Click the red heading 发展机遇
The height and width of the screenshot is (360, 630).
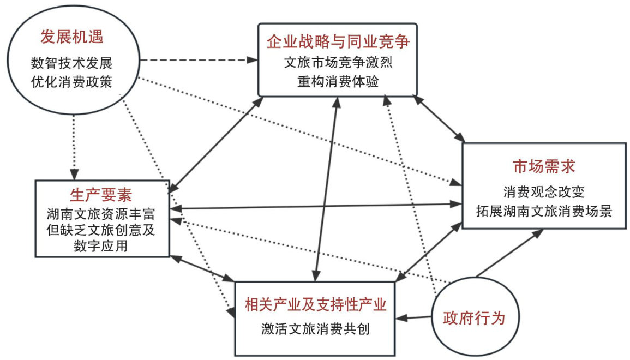pyautogui.click(x=72, y=38)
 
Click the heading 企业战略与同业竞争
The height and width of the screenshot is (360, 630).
pyautogui.click(x=338, y=41)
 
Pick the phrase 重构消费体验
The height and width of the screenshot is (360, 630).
pyautogui.click(x=338, y=80)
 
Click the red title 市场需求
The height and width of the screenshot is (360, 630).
pyautogui.click(x=544, y=166)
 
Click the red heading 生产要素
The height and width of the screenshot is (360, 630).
pyautogui.click(x=101, y=194)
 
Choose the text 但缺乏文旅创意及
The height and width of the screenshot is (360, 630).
pyautogui.click(x=101, y=229)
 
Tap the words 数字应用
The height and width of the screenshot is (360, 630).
pyautogui.click(x=101, y=245)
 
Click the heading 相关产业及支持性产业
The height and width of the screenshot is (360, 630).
pyautogui.click(x=316, y=304)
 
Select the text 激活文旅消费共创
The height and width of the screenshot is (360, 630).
pyautogui.click(x=316, y=329)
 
